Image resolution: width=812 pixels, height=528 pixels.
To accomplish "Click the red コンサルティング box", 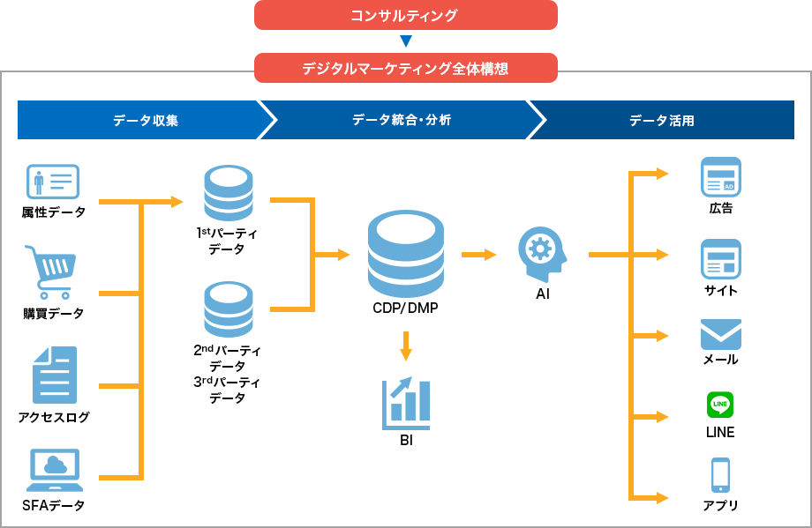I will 405,15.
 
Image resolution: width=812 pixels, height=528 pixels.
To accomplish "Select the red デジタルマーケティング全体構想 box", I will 405,68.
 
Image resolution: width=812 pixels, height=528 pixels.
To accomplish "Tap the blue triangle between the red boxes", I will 406,41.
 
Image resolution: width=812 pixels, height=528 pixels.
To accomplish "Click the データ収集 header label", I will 146,120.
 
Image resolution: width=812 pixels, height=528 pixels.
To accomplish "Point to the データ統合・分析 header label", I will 402,120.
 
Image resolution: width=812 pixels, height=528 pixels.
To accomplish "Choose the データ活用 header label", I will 661,120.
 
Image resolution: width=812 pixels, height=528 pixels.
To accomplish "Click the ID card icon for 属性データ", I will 53,182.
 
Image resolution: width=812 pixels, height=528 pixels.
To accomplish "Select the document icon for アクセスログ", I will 54,375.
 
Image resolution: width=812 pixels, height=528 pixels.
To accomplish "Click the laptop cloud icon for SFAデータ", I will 55,470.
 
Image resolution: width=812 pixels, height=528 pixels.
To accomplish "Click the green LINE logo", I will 720,405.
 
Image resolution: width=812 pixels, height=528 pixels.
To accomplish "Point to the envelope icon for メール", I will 720,334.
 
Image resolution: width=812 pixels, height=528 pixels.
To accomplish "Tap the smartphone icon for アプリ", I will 720,475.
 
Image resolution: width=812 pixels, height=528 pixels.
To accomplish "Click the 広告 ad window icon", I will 720,176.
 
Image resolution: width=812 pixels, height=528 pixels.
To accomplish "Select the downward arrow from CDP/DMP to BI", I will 406,346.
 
